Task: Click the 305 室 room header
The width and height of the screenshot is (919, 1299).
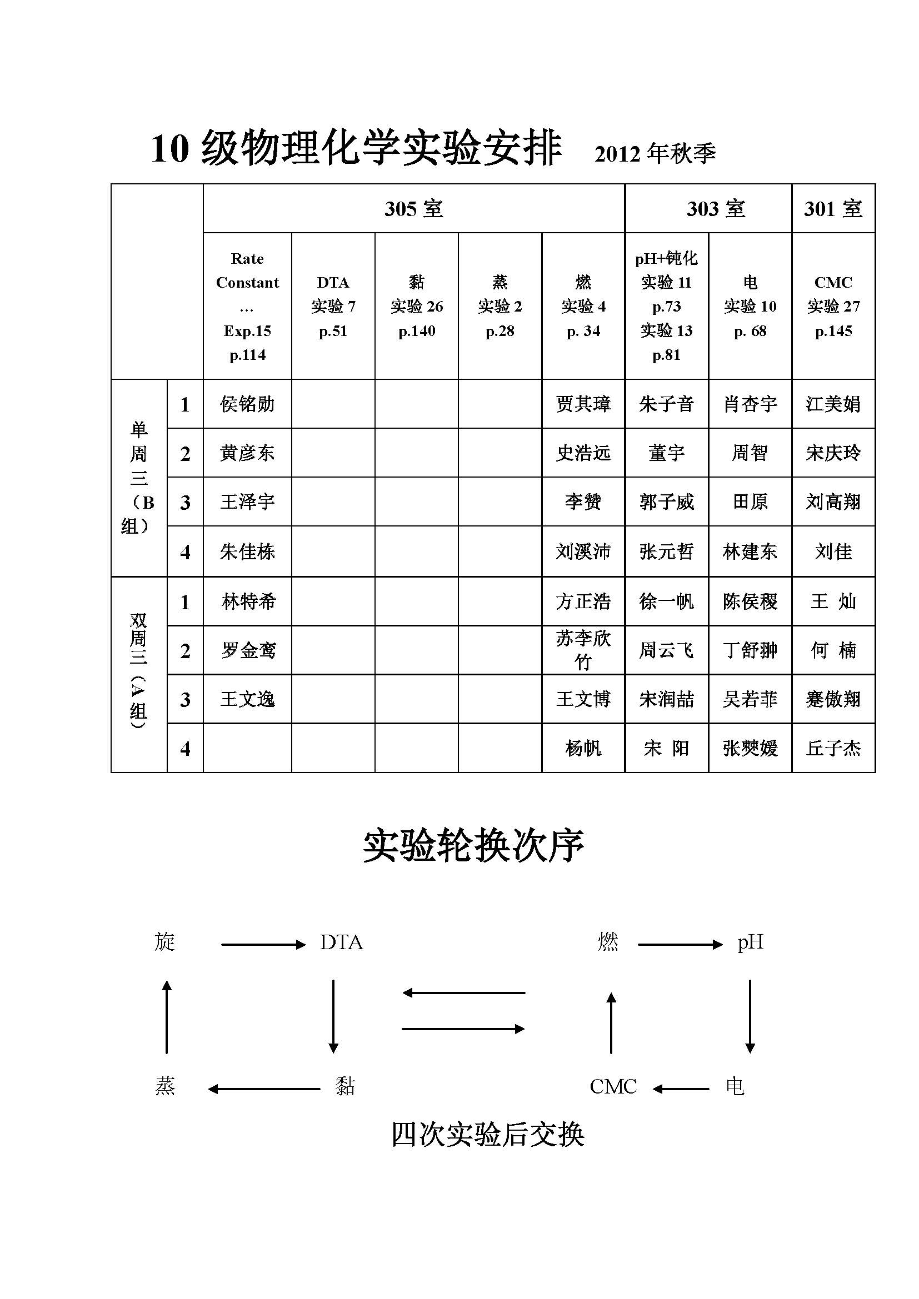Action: click(414, 209)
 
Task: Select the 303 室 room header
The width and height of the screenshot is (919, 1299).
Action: click(716, 209)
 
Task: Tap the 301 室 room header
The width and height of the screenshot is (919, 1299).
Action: click(833, 209)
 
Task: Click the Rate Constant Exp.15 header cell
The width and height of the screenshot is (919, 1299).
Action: click(247, 306)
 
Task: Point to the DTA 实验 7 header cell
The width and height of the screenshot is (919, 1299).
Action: click(333, 306)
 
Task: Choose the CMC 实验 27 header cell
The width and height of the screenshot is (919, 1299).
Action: click(833, 306)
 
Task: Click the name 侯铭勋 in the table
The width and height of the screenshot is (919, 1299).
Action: click(247, 404)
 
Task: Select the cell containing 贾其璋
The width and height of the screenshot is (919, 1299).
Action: click(583, 404)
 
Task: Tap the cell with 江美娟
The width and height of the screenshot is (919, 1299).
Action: click(833, 404)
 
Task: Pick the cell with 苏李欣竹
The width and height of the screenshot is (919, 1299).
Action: click(583, 650)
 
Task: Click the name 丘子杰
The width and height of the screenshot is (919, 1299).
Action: click(833, 749)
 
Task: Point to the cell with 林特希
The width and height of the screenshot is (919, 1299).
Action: click(248, 601)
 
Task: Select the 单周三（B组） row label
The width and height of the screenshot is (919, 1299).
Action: click(139, 478)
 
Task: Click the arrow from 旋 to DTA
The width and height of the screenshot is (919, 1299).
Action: click(263, 944)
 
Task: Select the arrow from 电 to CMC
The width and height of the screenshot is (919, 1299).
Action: click(681, 1088)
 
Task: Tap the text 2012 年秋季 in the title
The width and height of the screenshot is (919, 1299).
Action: click(655, 154)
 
